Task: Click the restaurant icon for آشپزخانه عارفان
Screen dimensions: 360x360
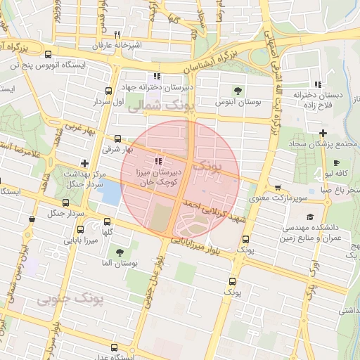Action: (117, 34)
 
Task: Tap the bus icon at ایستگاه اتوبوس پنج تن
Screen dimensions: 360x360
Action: (47, 55)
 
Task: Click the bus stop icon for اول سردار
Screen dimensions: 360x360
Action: (108, 91)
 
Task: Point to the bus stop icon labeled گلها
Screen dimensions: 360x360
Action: (79, 229)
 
